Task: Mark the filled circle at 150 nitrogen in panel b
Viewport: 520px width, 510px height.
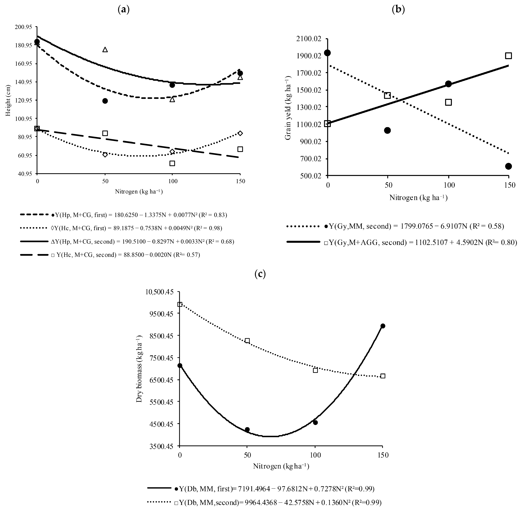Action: (x=508, y=166)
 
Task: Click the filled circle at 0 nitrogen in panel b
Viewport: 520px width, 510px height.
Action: (x=327, y=53)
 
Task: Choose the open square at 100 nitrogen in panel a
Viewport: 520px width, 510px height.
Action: (x=172, y=163)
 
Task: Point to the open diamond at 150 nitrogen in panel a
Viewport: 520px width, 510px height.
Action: (x=240, y=133)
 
